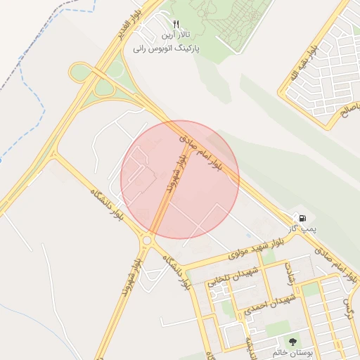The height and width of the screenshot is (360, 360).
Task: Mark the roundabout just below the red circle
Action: [x=146, y=241]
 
